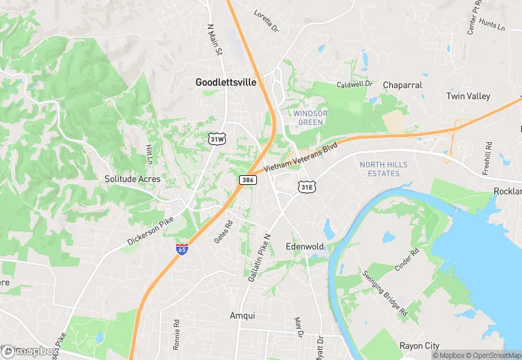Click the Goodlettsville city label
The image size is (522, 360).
(x=225, y=82)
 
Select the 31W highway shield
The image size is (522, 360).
(x=217, y=139)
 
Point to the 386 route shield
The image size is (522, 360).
(x=248, y=179)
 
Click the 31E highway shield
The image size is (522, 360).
(x=306, y=186)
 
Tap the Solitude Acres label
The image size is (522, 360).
(x=133, y=179)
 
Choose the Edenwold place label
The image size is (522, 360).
(x=304, y=246)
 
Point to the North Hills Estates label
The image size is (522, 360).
(x=383, y=169)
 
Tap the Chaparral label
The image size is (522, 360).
(x=402, y=85)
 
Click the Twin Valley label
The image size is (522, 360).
(x=468, y=96)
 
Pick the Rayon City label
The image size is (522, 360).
(x=420, y=346)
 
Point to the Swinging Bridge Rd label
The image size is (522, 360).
(x=385, y=293)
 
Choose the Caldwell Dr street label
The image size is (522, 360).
(x=353, y=84)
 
